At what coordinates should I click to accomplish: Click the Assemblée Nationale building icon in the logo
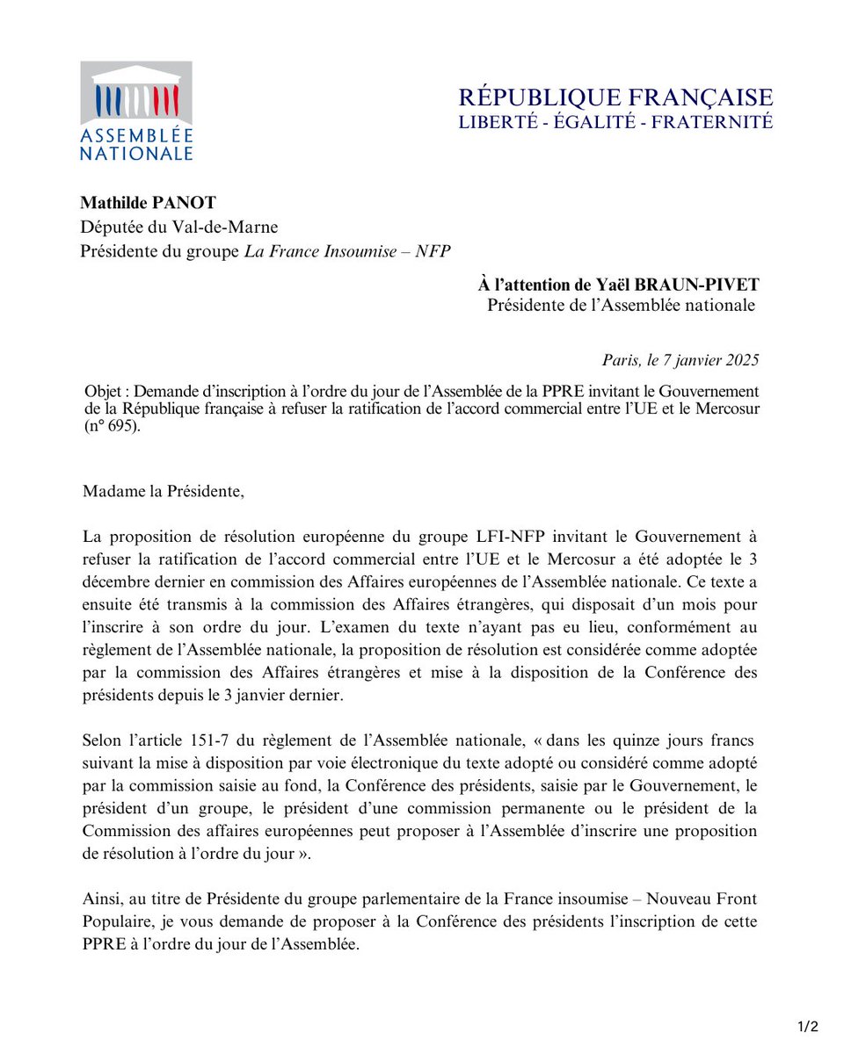coord(136,93)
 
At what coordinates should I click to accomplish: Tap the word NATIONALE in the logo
coord(136,153)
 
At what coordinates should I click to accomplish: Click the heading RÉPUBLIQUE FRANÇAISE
coord(615,97)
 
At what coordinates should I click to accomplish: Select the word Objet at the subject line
coord(103,390)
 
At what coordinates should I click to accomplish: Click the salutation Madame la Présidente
coord(163,491)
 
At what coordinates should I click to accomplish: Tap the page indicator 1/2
coord(808,1027)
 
